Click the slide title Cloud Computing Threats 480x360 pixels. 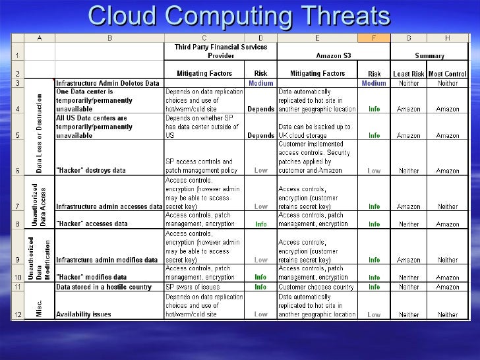pos(240,16)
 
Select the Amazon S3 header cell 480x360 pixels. pos(318,56)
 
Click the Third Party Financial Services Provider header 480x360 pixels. pos(220,51)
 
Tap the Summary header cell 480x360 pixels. pos(429,56)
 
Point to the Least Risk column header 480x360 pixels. pos(409,74)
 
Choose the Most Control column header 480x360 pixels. pos(447,74)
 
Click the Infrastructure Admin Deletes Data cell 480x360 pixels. pos(107,84)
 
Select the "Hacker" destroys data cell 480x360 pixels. pos(92,170)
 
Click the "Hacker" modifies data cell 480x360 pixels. pos(92,278)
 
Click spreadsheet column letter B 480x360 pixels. pos(109,38)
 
